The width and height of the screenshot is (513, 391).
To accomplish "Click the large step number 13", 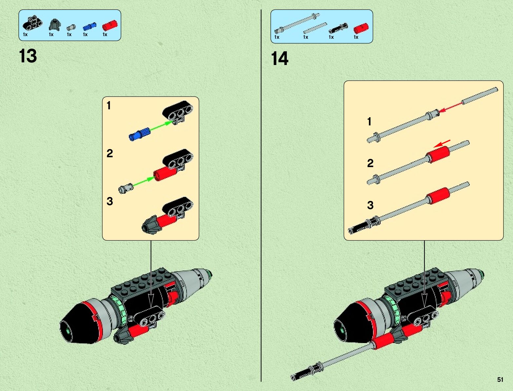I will (28, 56).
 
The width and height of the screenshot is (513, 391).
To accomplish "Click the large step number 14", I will (280, 59).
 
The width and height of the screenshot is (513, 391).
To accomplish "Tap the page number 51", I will (500, 380).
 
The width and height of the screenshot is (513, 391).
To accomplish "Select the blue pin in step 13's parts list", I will (89, 27).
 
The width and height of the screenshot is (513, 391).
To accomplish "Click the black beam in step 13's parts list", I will (32, 23).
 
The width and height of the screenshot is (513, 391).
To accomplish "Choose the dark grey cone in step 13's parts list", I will (53, 25).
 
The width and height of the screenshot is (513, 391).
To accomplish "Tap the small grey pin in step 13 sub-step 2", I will (126, 188).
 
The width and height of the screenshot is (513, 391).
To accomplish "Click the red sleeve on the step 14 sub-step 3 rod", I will (438, 195).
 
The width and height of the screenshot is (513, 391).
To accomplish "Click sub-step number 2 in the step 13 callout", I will (110, 153).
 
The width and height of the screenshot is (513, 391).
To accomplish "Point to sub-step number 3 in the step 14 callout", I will (370, 205).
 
